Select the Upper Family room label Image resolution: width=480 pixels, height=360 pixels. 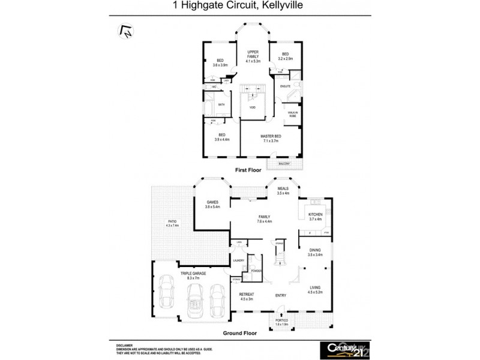pyautogui.click(x=253, y=56)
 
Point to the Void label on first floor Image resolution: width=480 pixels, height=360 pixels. pyautogui.click(x=253, y=107)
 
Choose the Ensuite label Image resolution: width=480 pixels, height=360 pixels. pyautogui.click(x=286, y=86)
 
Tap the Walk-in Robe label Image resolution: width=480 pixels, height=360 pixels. pyautogui.click(x=292, y=114)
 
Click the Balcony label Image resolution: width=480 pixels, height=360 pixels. pyautogui.click(x=284, y=164)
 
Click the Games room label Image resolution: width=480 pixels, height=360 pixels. pyautogui.click(x=212, y=204)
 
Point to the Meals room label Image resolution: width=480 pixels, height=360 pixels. pyautogui.click(x=283, y=191)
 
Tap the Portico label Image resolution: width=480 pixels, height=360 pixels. pyautogui.click(x=282, y=322)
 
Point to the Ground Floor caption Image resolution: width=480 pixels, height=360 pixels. pyautogui.click(x=241, y=333)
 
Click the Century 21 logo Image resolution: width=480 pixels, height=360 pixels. pyautogui.click(x=341, y=348)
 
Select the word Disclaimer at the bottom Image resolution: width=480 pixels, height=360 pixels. pyautogui.click(x=125, y=346)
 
